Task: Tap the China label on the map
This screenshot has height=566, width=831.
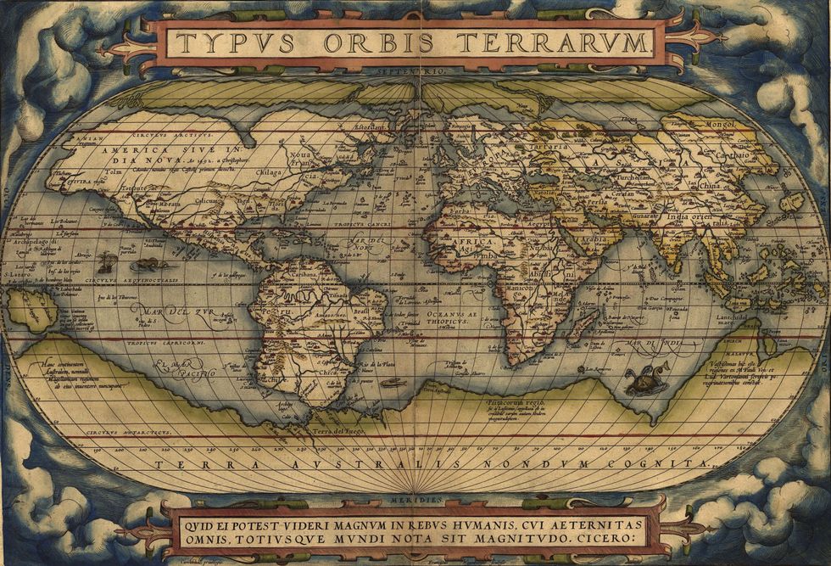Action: (711, 184)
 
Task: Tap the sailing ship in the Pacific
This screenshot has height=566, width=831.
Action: (105, 262)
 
